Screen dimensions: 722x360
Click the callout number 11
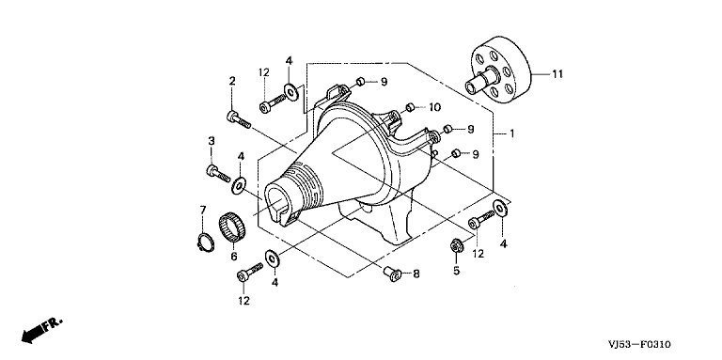557,74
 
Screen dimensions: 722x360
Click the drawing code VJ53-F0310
638,344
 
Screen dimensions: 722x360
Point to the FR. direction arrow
41,330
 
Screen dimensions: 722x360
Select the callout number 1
511,133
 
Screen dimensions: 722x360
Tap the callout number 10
434,107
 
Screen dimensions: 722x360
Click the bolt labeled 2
239,119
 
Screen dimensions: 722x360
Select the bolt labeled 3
218,174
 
